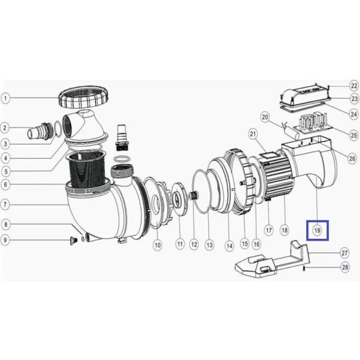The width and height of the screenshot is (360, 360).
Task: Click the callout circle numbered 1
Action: tap(5, 99)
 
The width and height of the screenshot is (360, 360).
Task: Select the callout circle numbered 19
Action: tap(318, 230)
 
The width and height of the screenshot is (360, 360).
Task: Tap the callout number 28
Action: tap(345, 267)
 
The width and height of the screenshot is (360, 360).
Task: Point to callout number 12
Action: tap(194, 244)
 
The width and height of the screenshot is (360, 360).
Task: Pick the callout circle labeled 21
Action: tap(253, 134)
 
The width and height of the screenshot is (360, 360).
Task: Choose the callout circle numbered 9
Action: tap(5, 240)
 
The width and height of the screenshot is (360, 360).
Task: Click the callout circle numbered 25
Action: tap(354, 136)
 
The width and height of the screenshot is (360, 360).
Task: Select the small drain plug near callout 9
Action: tap(73, 241)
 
